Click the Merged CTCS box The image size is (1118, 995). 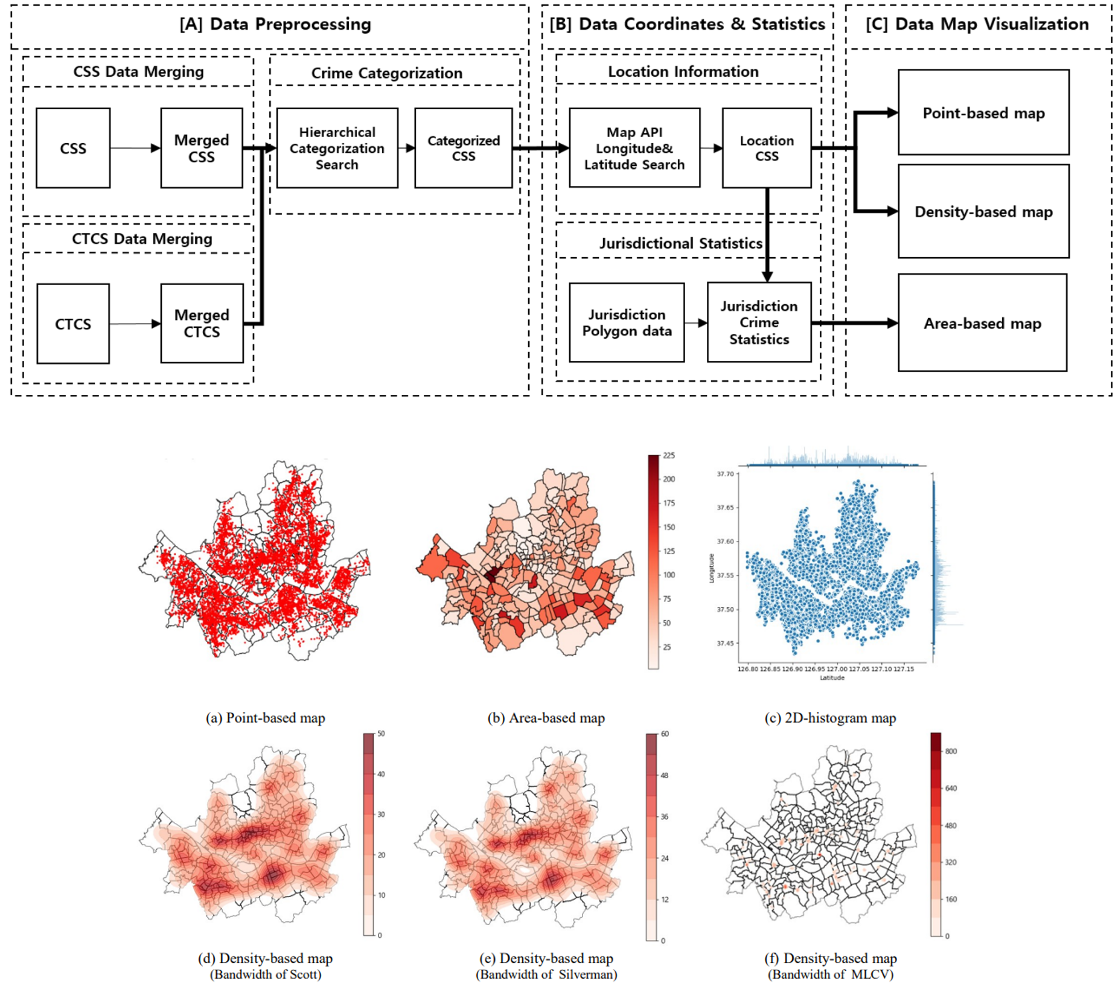202,324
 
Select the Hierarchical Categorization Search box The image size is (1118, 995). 337,149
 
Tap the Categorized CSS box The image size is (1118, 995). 463,149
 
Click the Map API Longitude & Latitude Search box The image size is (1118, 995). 634,149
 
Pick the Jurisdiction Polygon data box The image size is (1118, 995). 627,323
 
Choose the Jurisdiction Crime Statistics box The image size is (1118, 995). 759,323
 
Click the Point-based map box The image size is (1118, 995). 983,113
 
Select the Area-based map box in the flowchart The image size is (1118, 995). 982,324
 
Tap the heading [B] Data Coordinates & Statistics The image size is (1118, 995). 687,24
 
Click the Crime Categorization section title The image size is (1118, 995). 386,73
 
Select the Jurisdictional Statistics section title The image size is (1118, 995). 680,243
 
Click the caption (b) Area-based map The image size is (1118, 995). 546,718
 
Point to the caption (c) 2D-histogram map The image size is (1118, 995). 830,718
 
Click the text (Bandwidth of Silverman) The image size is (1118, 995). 546,974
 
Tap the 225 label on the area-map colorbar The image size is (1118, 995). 668,456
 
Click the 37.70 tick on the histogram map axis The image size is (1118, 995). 725,474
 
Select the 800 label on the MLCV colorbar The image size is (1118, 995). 951,751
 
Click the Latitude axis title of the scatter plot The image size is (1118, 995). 831,677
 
